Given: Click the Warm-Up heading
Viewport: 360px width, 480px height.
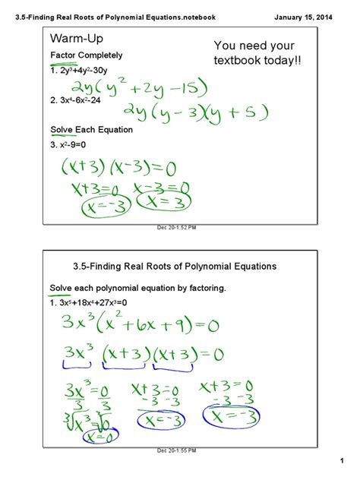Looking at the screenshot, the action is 75,39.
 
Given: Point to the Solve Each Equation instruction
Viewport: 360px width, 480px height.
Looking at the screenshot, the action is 91,130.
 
